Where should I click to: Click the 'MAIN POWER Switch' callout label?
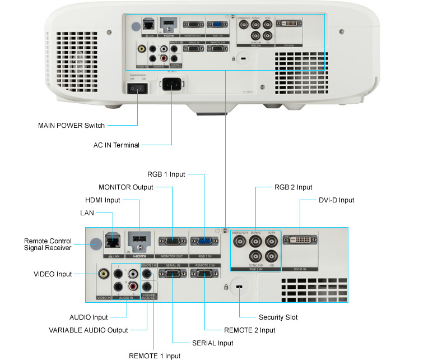tap(71, 125)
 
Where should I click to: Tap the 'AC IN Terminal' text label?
tap(116, 145)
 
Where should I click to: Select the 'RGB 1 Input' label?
tap(166, 174)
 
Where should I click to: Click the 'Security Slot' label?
tap(278, 317)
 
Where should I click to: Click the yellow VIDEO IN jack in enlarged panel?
tap(104, 274)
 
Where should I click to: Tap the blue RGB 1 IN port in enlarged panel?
tap(203, 242)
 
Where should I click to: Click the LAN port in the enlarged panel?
tap(113, 241)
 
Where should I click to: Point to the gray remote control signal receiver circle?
tap(95, 243)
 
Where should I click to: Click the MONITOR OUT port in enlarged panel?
tap(171, 242)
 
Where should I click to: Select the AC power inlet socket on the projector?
tap(173, 86)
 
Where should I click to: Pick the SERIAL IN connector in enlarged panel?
tap(171, 274)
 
